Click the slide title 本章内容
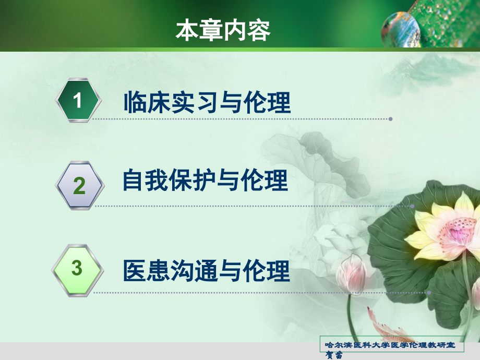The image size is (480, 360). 223,31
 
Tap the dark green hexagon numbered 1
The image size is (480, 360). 78,100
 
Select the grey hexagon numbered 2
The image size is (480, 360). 79,185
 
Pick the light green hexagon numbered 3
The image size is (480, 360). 77,269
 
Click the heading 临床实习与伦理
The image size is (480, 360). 207,102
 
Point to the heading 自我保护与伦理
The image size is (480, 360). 205,181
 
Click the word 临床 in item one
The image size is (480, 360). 139,102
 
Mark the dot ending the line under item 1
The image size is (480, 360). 390,119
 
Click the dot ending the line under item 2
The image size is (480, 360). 412,206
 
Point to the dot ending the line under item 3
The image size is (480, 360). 429,293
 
